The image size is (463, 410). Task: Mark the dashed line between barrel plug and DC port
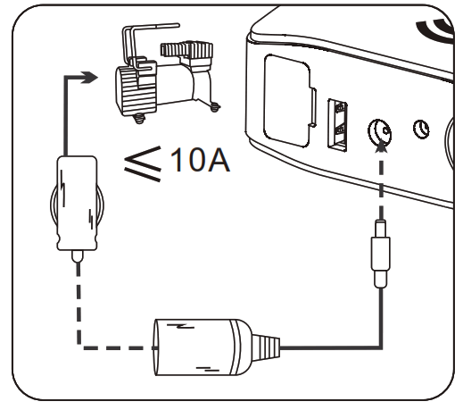click(x=382, y=183)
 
